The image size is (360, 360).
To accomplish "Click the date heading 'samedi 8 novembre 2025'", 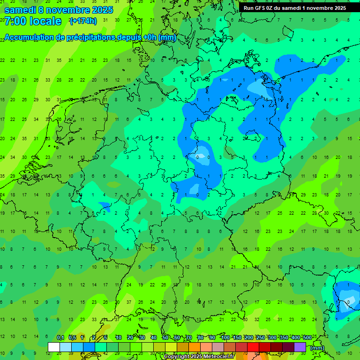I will click(59, 9).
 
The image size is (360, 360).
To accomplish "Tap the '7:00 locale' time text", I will click(33, 21).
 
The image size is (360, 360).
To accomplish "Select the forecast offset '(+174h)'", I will click(83, 21).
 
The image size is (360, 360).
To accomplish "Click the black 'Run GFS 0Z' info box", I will click(294, 8).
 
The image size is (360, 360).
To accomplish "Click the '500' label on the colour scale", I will click(307, 338).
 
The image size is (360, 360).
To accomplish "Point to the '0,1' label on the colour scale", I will click(60, 338).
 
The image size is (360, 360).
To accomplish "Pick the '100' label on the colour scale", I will click(225, 338).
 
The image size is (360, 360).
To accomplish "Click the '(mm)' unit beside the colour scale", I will click(317, 348).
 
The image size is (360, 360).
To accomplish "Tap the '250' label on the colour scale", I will click(260, 338).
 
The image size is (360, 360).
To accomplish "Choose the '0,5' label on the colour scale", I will click(72, 338).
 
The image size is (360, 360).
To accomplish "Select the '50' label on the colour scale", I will click(165, 338).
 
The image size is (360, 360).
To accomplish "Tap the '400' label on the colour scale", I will click(295, 338).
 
